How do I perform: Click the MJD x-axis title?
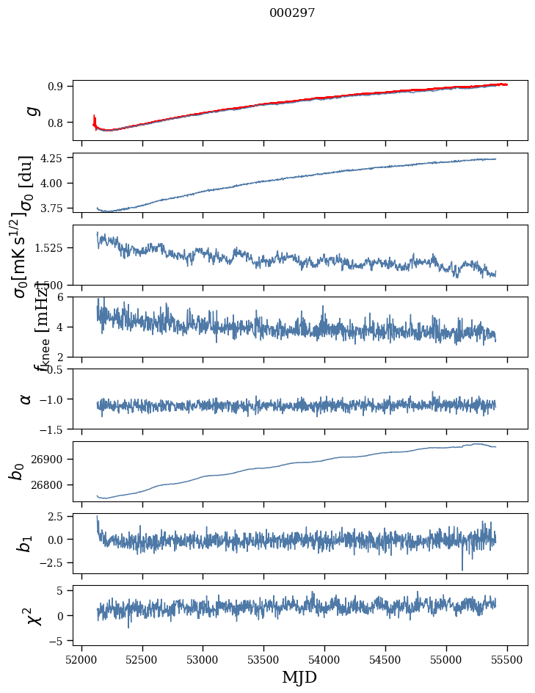tap(299, 677)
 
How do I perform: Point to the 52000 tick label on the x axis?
tap(81, 658)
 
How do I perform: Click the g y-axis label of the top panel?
tap(30, 110)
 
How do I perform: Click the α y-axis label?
tap(26, 399)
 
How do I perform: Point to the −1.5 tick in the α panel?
tap(52, 429)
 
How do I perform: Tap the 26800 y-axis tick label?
tap(48, 485)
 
